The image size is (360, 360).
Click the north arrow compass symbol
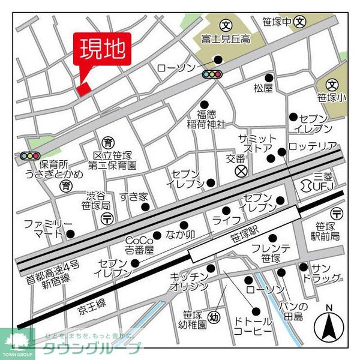pos(328,325)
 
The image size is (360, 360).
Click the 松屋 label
pos(263,88)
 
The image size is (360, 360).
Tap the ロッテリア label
pos(313,146)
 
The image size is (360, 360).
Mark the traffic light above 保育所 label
pos(29,155)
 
